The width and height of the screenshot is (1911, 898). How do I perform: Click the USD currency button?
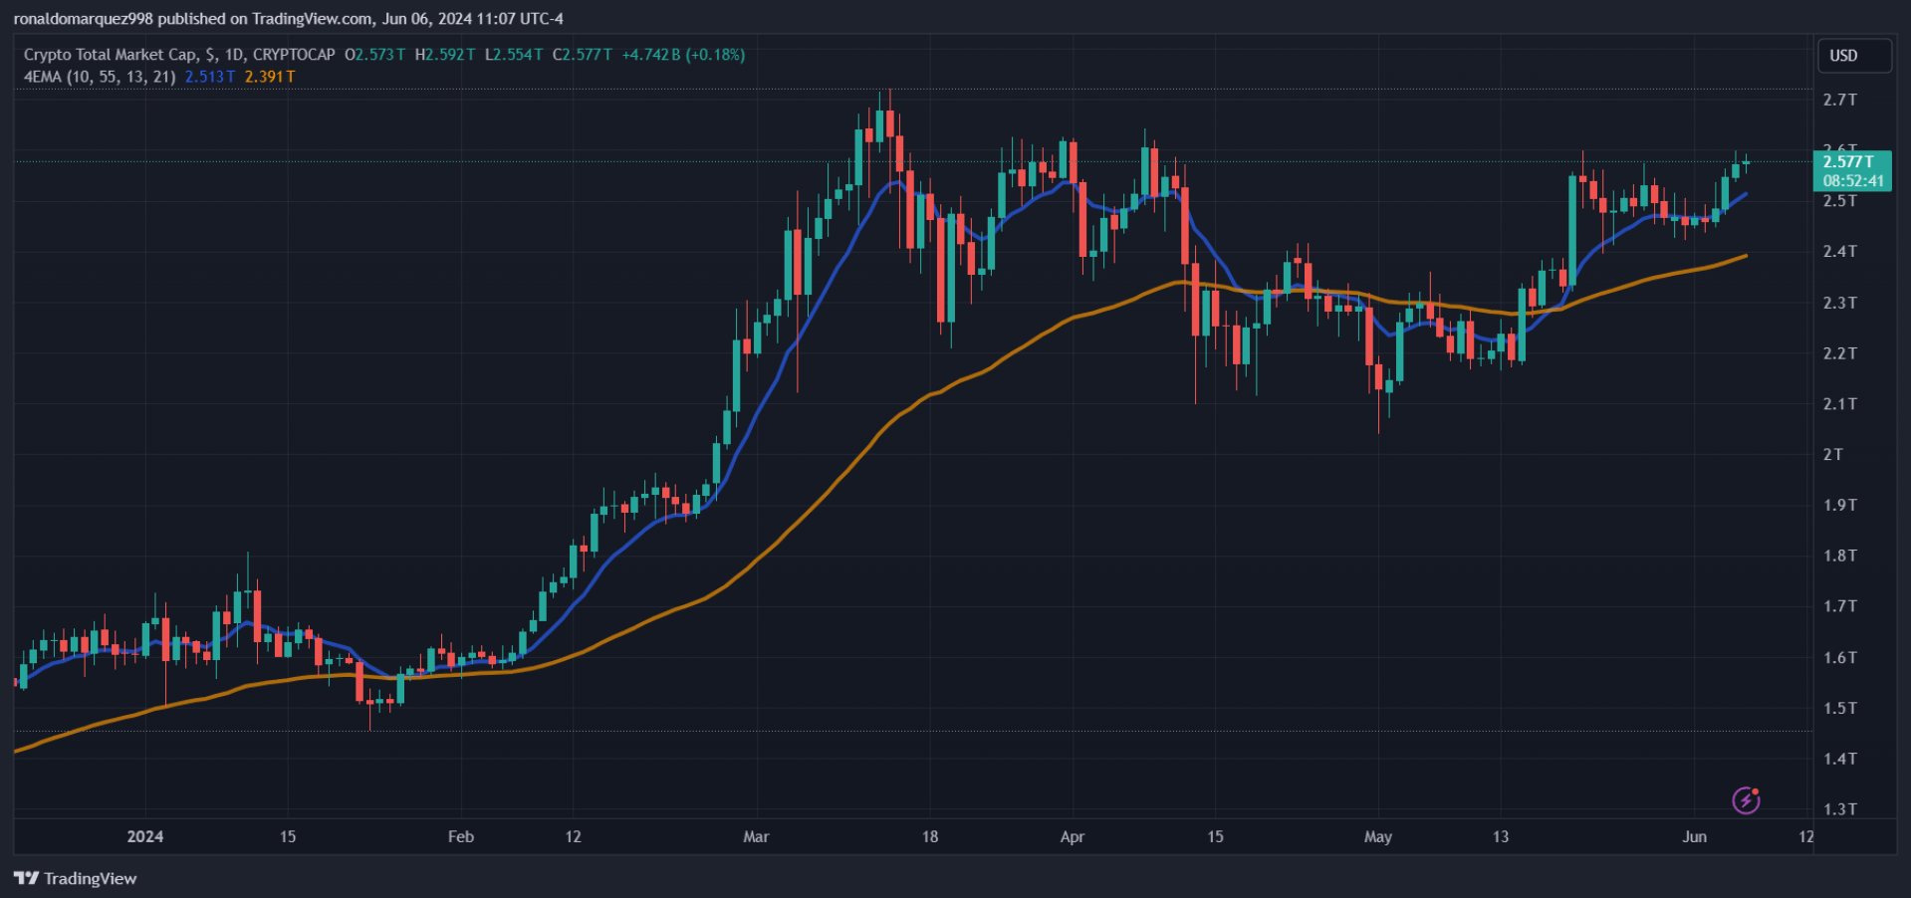1853,56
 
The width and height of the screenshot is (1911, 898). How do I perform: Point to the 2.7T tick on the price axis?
1839,100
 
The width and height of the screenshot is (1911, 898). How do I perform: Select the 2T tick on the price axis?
1832,454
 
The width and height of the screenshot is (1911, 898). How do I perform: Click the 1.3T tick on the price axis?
1839,809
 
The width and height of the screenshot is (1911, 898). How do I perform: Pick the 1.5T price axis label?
1839,708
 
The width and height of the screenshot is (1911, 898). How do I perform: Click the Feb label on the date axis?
460,836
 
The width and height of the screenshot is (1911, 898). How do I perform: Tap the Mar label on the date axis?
756,836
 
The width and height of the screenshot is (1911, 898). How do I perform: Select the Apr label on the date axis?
1072,836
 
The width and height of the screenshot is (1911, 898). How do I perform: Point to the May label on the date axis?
1377,836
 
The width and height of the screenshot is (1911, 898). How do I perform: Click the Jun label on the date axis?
1694,836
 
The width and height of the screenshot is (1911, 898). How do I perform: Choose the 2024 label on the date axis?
145,836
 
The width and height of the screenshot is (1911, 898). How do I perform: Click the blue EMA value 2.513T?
210,77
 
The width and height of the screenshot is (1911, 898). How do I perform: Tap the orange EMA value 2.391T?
270,77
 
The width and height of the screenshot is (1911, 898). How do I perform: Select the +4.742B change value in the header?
651,55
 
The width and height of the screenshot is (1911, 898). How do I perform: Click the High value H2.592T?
445,55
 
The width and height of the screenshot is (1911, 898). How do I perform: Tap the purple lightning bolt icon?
1746,799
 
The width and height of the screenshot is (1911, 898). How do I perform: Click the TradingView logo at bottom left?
76,878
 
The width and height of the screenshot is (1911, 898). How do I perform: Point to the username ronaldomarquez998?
84,19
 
